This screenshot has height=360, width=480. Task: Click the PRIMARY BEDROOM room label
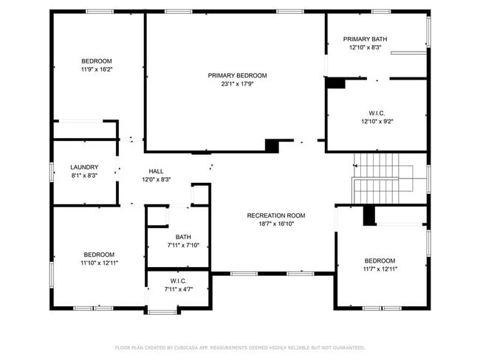pyautogui.click(x=237, y=75)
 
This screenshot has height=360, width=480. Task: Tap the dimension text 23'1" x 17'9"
pyautogui.click(x=237, y=83)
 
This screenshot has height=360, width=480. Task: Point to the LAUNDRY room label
pyautogui.click(x=84, y=167)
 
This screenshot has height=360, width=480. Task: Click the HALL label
pyautogui.click(x=156, y=171)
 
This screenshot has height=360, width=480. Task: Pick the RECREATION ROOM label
pyautogui.click(x=275, y=215)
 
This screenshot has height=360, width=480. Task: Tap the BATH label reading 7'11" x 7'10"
pyautogui.click(x=182, y=237)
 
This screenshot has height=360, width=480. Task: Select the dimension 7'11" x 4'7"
pyautogui.click(x=178, y=289)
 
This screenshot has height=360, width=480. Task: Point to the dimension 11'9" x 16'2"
pyautogui.click(x=97, y=69)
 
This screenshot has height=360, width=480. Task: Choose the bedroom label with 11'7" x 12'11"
pyautogui.click(x=380, y=260)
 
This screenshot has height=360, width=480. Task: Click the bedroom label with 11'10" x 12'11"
pyautogui.click(x=98, y=254)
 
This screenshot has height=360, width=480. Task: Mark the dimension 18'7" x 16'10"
pyautogui.click(x=275, y=224)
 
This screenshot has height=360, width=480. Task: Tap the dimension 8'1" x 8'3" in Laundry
pyautogui.click(x=84, y=176)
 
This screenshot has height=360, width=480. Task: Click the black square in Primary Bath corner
pyautogui.click(x=336, y=83)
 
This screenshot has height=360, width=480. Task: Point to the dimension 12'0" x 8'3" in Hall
pyautogui.click(x=156, y=179)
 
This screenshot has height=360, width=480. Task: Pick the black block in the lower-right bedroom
pyautogui.click(x=369, y=216)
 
